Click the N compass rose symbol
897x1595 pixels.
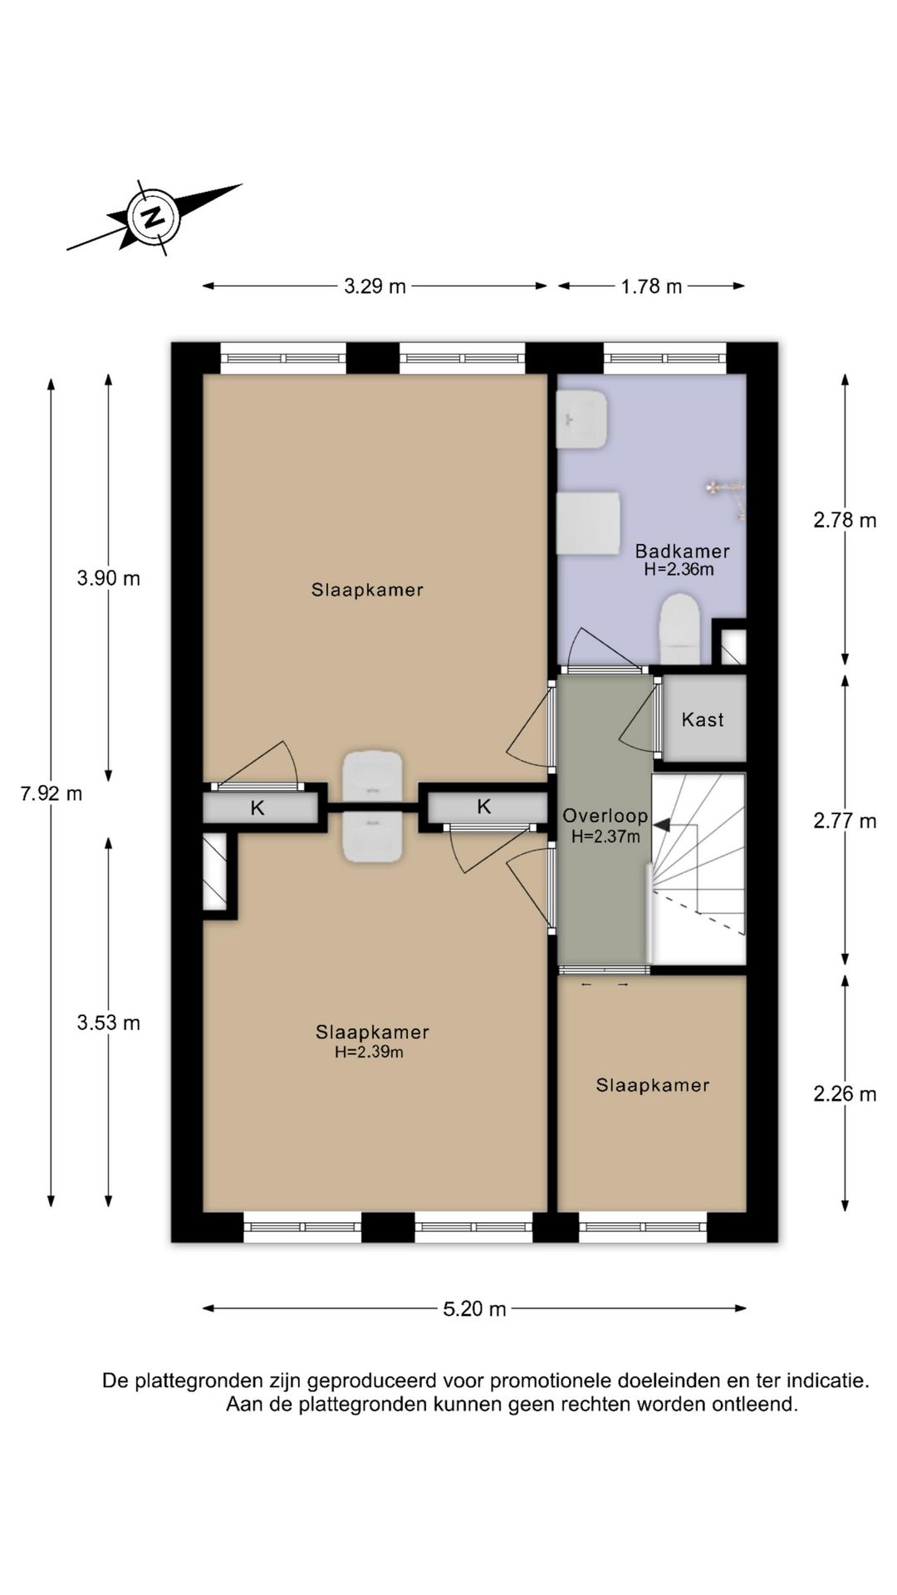(x=153, y=218)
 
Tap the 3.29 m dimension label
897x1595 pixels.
(x=375, y=287)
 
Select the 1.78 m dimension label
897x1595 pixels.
(x=651, y=287)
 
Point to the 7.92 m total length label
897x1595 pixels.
(x=51, y=793)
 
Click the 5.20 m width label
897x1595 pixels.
(x=474, y=1309)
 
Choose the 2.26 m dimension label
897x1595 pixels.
(x=845, y=1094)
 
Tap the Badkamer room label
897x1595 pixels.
(x=682, y=551)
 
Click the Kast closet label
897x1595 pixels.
(x=703, y=720)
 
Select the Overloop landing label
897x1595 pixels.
(x=605, y=816)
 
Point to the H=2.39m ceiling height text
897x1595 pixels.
(x=369, y=1053)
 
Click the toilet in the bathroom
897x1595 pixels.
(x=680, y=629)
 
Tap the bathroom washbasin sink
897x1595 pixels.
(x=582, y=420)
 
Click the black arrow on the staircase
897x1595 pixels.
(x=663, y=825)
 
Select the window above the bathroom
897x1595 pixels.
(x=665, y=358)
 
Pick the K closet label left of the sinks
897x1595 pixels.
(x=257, y=807)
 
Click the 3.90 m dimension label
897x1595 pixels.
(x=109, y=578)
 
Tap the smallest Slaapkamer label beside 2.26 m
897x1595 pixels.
(x=653, y=1085)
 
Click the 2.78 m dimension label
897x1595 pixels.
(x=845, y=521)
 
